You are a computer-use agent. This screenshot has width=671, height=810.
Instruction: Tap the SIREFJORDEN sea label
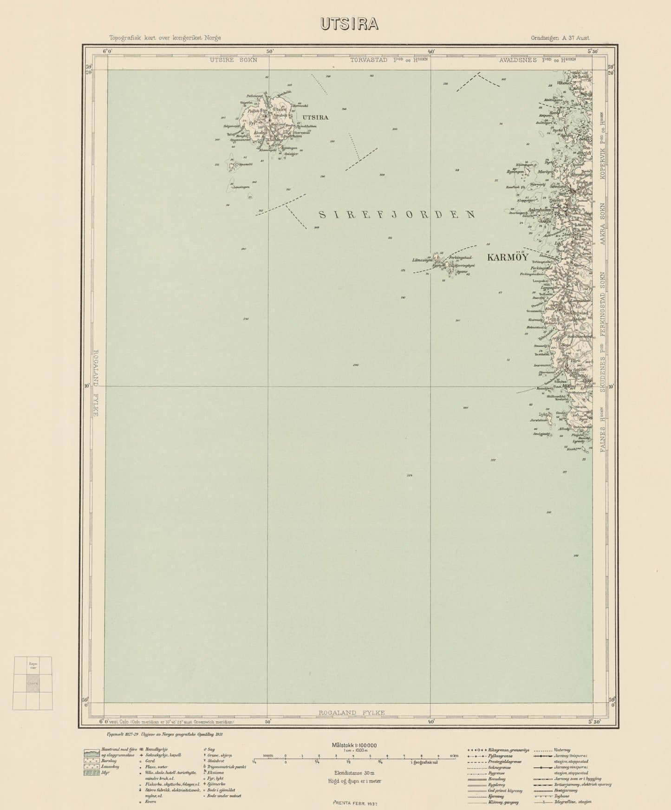coord(397,214)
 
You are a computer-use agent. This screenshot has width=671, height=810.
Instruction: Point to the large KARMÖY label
coord(507,257)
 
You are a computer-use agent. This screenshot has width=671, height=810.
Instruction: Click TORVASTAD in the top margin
coord(370,60)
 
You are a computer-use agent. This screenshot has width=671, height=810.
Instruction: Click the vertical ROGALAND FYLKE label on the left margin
coord(96,383)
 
